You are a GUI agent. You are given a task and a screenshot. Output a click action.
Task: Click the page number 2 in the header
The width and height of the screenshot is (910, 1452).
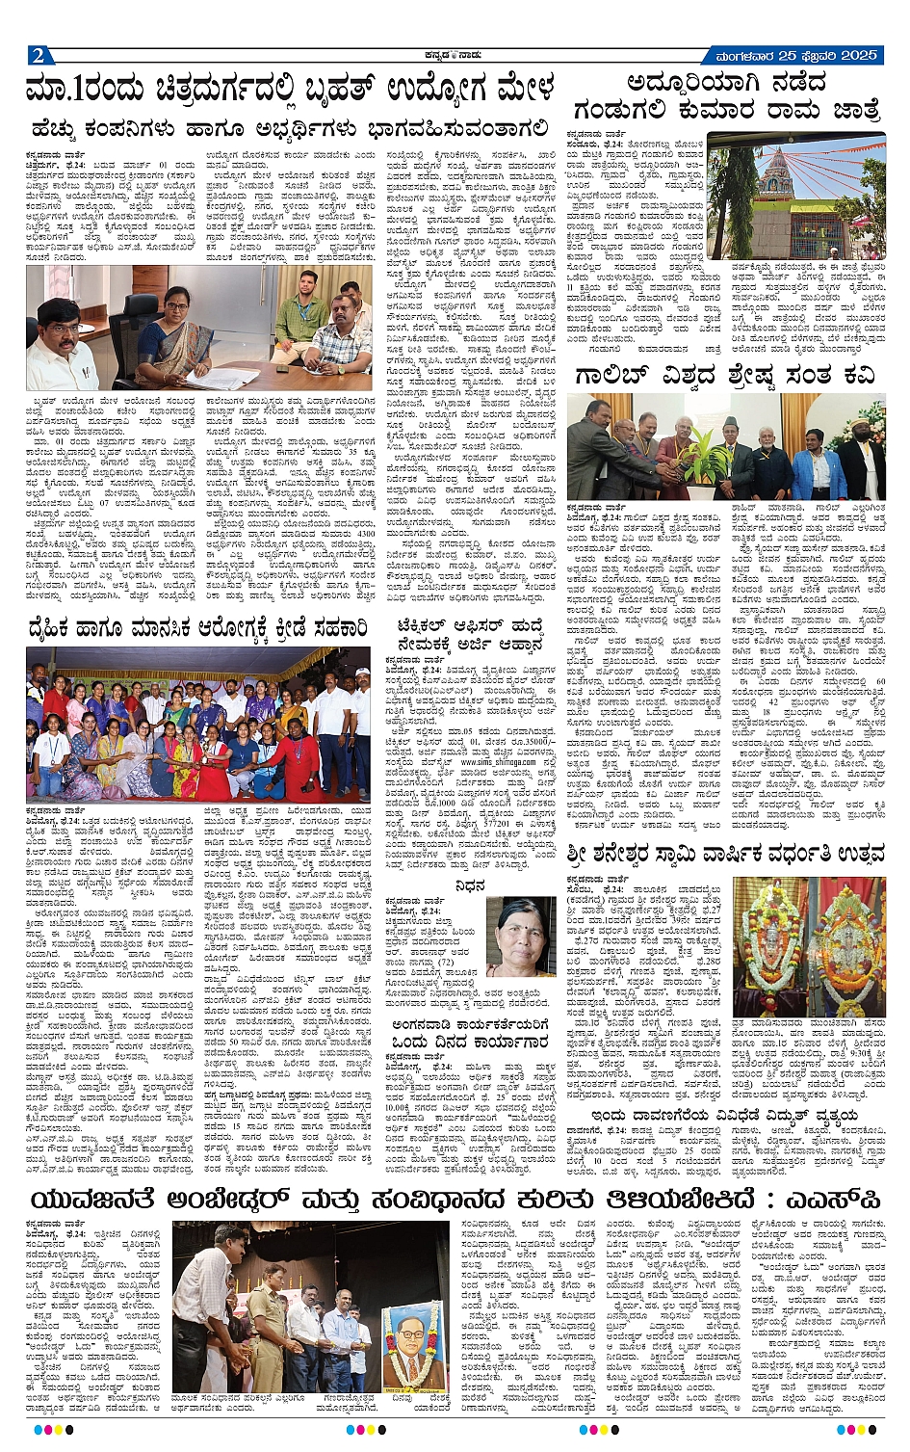click(x=37, y=54)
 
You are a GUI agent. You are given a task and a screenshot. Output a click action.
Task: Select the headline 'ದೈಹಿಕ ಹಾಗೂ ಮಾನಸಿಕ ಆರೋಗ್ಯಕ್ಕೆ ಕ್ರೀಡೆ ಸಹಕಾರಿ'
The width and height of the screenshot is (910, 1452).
click(x=197, y=630)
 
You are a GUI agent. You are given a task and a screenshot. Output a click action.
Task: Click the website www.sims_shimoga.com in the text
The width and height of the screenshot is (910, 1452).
click(x=497, y=761)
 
